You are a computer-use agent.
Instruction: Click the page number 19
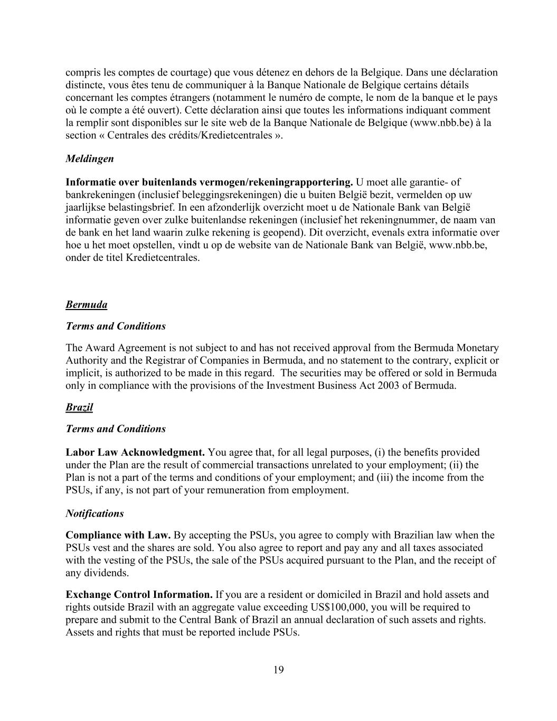(x=278, y=670)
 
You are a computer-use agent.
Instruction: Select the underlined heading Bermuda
(x=86, y=305)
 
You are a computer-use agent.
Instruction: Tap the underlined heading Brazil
(x=79, y=407)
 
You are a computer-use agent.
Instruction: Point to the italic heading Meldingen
(x=89, y=158)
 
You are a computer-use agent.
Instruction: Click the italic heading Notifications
(x=95, y=513)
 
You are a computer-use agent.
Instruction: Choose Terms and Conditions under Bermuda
(x=115, y=326)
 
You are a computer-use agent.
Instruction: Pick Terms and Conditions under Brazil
(x=115, y=429)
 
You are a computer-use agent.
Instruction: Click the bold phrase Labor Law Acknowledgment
(x=135, y=452)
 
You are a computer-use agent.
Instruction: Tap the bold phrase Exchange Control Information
(x=139, y=594)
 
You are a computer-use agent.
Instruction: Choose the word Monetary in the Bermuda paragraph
(x=477, y=348)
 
